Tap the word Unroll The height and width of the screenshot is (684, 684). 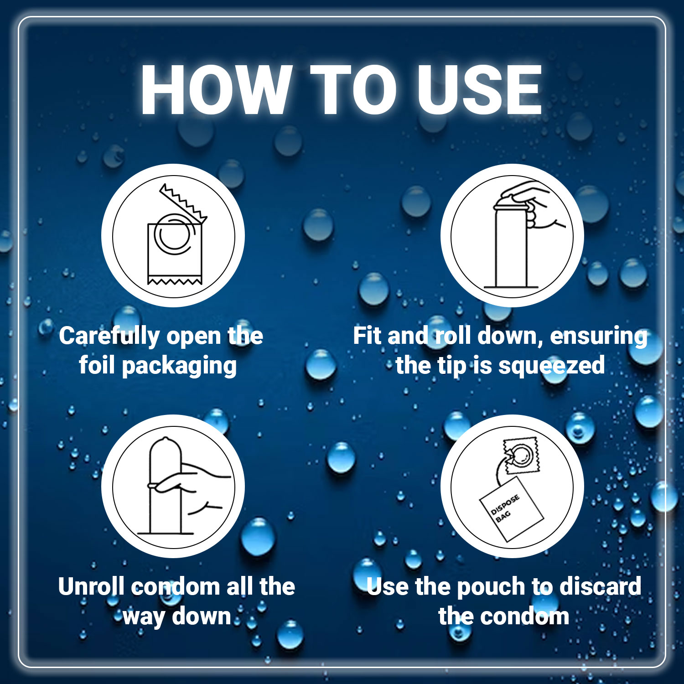(x=91, y=586)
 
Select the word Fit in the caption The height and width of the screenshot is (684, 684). (x=368, y=336)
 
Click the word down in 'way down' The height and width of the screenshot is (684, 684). (x=202, y=616)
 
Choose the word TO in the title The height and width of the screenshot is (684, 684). (x=355, y=90)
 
